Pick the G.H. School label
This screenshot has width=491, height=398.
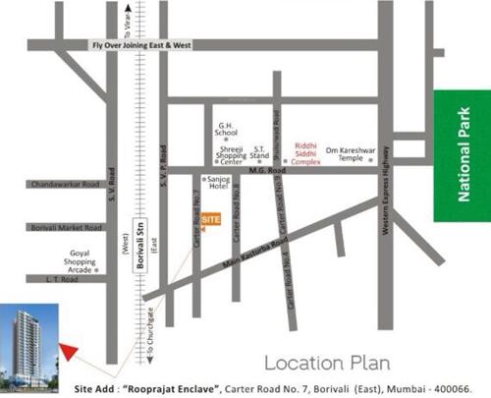click(228, 133)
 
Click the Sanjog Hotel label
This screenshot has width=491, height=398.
click(217, 184)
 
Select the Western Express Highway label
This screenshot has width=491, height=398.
click(390, 197)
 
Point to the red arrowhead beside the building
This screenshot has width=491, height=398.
click(68, 349)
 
